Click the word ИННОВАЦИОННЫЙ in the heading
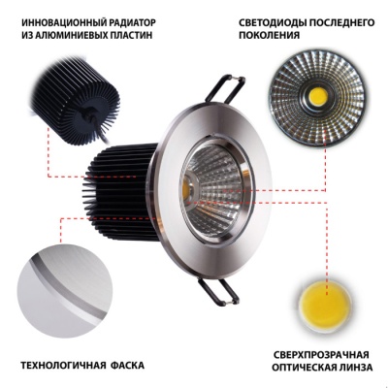coord(65,20)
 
